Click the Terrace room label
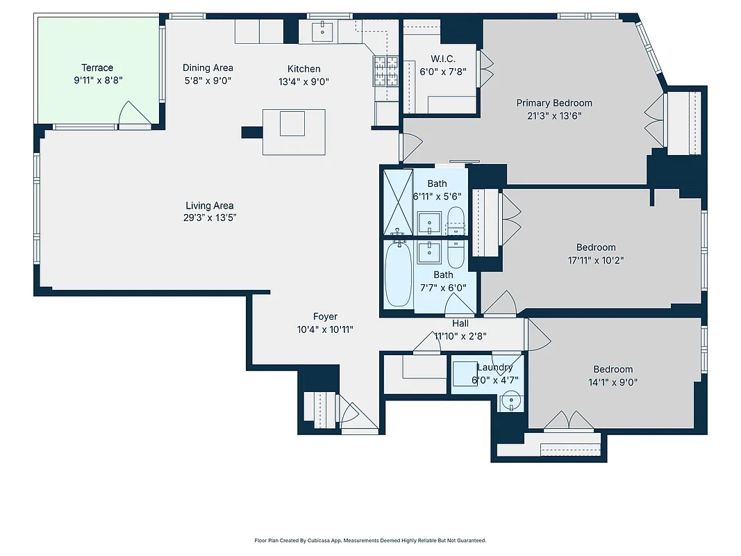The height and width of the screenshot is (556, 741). click(97, 67)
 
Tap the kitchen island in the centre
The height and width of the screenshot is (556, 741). click(292, 131)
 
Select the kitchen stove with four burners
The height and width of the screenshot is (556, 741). click(385, 70)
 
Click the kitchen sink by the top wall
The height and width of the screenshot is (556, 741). click(324, 31)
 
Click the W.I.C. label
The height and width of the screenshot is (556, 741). click(442, 58)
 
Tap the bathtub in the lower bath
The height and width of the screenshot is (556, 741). click(398, 275)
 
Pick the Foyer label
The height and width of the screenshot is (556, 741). click(325, 317)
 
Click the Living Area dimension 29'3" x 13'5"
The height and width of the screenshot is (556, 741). click(209, 218)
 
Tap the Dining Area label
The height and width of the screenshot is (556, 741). click(208, 67)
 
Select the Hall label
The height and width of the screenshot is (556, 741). click(460, 323)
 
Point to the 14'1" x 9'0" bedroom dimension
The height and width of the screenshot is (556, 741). click(613, 382)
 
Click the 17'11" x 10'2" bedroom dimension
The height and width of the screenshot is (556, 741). click(596, 260)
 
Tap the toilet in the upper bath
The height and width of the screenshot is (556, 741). click(456, 218)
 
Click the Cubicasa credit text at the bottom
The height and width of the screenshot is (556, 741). click(370, 540)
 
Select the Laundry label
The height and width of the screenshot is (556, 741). click(494, 367)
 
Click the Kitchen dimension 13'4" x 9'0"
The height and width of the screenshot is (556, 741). click(304, 81)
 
